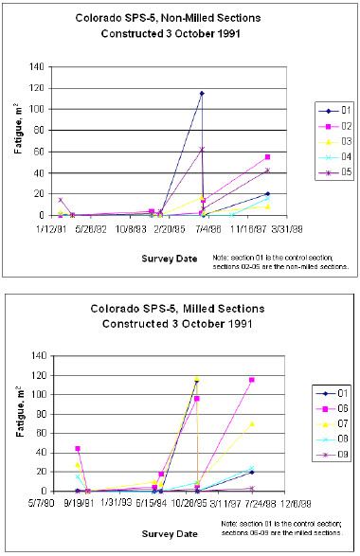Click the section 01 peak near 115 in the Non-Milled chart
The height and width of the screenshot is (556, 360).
coord(202,93)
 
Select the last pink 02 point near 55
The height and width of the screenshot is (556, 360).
coord(268,157)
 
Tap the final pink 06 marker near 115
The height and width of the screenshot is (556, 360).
coord(252,380)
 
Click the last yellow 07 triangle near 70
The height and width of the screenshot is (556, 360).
coord(252,423)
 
